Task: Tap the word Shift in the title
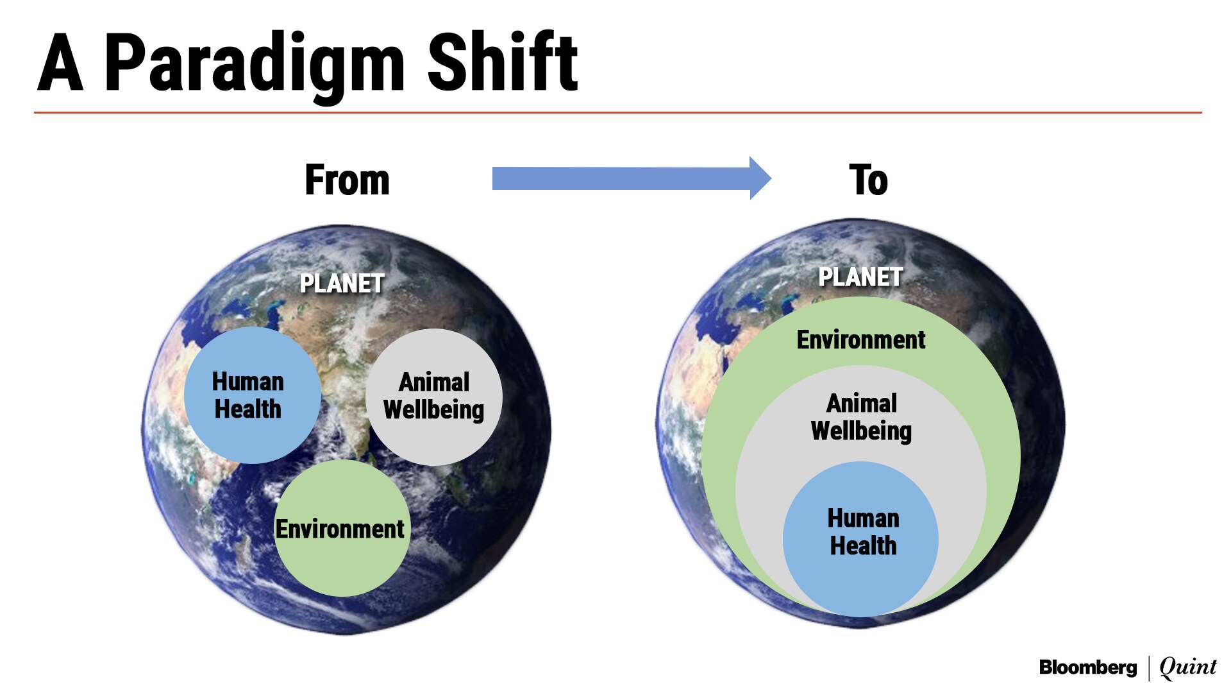[x=503, y=62]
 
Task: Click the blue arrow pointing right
[x=632, y=178]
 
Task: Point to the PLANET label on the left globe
[x=342, y=284]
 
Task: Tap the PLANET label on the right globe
[x=860, y=277]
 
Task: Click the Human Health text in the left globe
[x=248, y=395]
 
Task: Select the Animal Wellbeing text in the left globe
[x=434, y=396]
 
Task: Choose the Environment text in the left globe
[x=340, y=529]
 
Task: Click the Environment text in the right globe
[x=861, y=339]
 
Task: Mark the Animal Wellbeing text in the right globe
[x=861, y=417]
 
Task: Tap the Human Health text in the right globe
[x=863, y=532]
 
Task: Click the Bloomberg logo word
[x=1088, y=668]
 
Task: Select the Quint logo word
[x=1188, y=667]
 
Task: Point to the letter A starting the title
[x=60, y=63]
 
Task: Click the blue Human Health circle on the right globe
[x=860, y=539]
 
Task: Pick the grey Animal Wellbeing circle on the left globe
[x=434, y=397]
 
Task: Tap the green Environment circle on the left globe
[x=342, y=528]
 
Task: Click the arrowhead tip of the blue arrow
[x=771, y=178]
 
